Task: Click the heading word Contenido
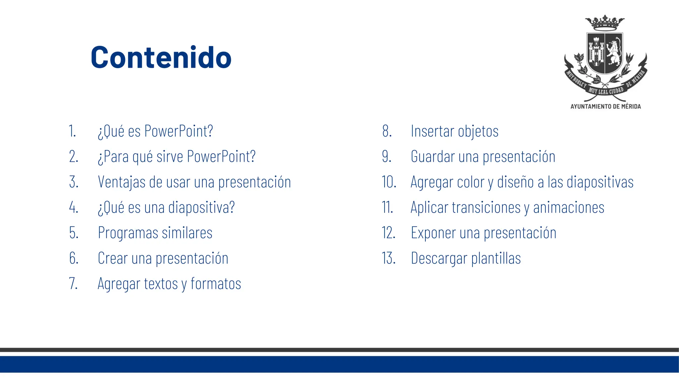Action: [x=161, y=58]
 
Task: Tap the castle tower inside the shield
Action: [x=596, y=53]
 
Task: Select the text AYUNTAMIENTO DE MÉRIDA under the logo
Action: [x=605, y=106]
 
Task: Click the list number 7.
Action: [x=73, y=284]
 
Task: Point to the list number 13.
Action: [x=389, y=258]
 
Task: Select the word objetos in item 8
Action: [x=478, y=131]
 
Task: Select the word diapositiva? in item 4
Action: [x=201, y=208]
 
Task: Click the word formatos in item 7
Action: [x=216, y=284]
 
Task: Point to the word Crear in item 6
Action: [x=112, y=258]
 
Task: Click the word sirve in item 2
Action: [x=169, y=157]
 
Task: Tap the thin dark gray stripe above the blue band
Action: [x=339, y=350]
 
